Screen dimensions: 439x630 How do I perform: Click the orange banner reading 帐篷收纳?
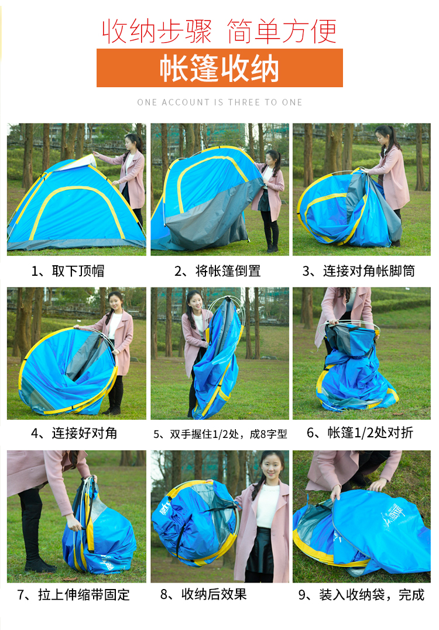click(220, 68)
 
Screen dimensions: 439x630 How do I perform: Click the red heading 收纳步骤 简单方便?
click(220, 32)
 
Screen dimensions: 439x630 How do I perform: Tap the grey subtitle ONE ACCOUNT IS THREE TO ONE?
click(220, 102)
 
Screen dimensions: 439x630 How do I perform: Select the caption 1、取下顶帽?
click(68, 271)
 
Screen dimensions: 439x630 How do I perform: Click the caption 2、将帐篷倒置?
click(217, 271)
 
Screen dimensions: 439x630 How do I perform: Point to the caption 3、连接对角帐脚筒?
click(359, 271)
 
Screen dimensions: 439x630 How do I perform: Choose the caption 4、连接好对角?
click(74, 433)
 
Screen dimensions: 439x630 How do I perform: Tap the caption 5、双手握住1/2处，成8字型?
click(220, 434)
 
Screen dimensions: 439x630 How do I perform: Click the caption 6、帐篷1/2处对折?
click(360, 432)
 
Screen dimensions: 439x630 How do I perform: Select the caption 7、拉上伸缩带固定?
click(73, 595)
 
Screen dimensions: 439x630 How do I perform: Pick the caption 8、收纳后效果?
click(203, 594)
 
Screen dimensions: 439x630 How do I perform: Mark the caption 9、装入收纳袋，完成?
click(361, 595)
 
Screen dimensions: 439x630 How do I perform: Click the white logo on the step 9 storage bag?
click(395, 515)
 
